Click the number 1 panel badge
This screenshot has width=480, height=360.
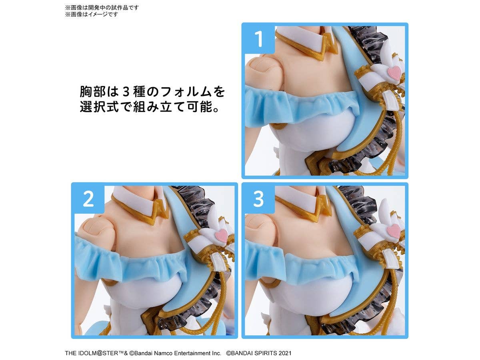point(258,38)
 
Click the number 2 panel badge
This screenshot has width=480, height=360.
point(88,199)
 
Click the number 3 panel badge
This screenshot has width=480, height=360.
point(258,199)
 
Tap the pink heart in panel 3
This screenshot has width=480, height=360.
point(394,231)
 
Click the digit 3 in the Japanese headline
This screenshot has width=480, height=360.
point(126,92)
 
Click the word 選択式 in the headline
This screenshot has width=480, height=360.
point(99,106)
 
